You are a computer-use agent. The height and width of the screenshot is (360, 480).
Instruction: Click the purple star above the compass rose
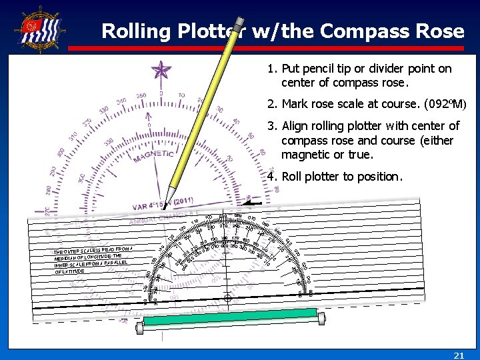161,71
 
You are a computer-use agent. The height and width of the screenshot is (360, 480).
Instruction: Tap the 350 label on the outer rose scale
141,96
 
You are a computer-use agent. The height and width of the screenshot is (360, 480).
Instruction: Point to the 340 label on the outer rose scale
121,101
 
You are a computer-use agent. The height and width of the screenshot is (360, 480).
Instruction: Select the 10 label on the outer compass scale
181,95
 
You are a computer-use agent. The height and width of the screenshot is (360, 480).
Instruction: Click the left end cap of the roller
140,327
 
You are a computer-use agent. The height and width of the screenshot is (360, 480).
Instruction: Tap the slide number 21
459,355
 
